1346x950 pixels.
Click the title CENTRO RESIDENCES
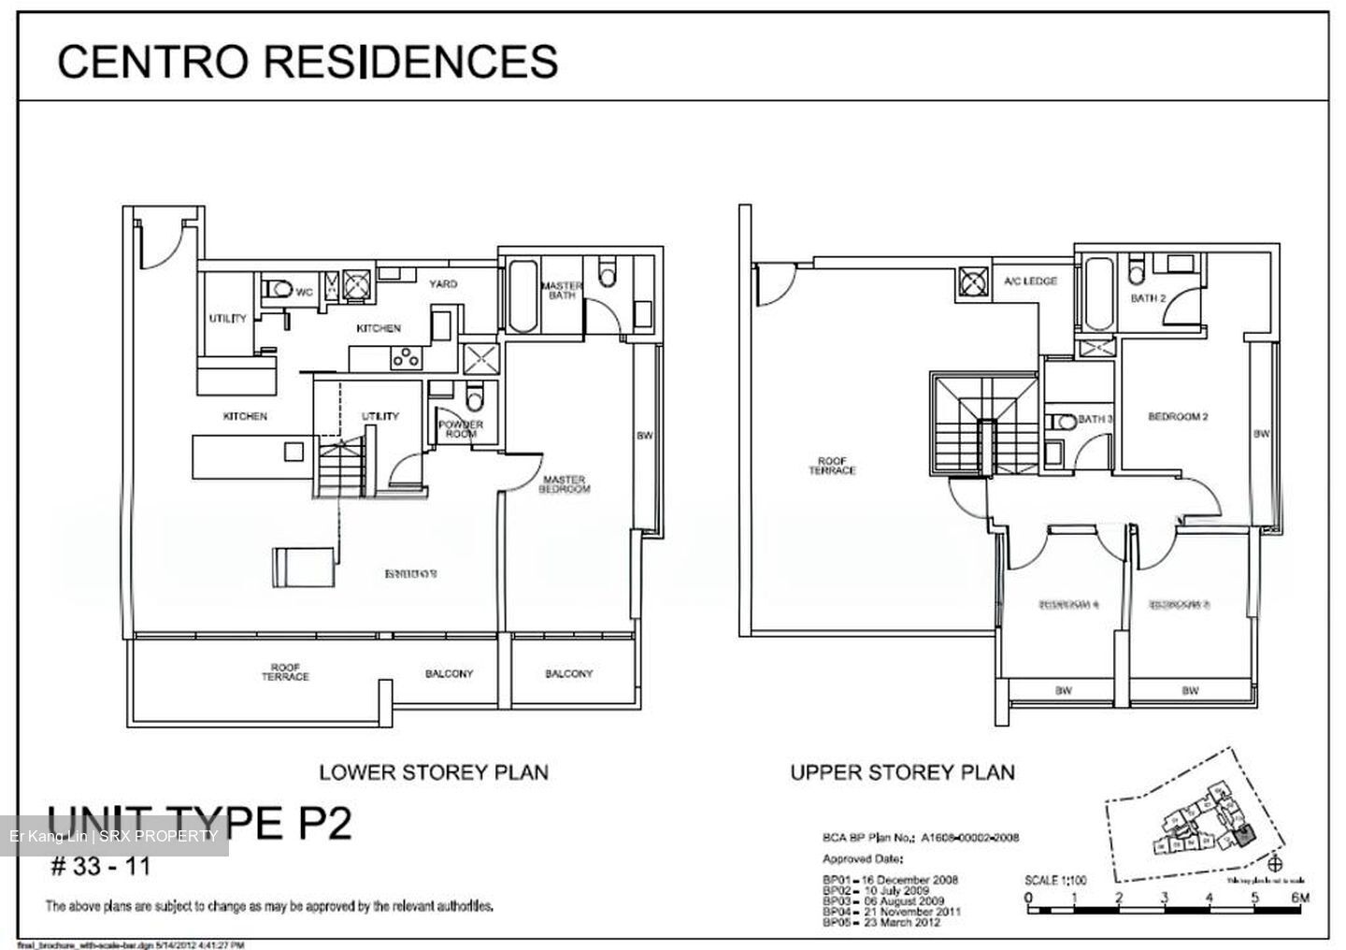point(308,62)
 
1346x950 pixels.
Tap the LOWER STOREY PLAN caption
point(434,772)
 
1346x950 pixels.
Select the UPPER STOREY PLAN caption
point(902,772)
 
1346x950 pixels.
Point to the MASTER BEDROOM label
point(566,484)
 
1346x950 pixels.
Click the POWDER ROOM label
point(461,429)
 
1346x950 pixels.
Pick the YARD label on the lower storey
point(443,283)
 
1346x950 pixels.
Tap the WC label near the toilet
point(304,292)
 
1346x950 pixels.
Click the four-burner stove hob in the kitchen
point(407,356)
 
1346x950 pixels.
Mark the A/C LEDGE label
point(1030,281)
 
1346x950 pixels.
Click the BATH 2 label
point(1148,299)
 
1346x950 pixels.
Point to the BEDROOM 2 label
point(1178,417)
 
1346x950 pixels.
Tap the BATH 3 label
point(1095,420)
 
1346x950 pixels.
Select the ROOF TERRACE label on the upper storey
point(832,466)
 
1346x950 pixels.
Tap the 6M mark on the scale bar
point(1299,899)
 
